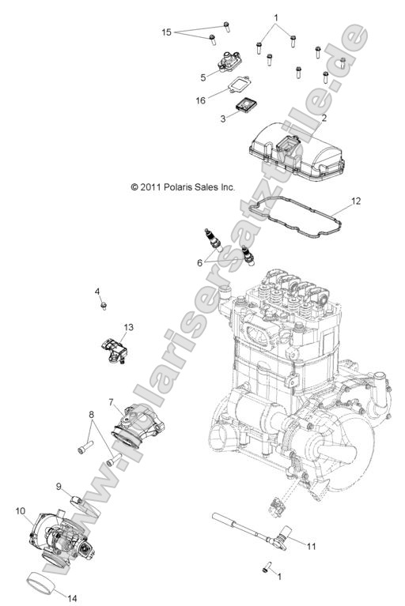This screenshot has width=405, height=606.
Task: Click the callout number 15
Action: click(166, 32)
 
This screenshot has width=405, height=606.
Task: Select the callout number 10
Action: click(20, 510)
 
